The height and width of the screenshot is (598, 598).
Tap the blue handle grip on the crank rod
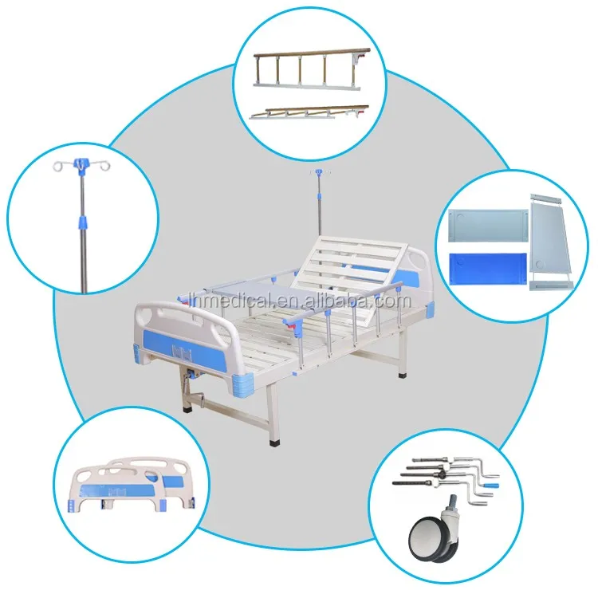click(492, 486)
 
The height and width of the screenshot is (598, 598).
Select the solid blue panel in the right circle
click(488, 268)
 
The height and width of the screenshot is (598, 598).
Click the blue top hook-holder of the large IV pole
click(81, 167)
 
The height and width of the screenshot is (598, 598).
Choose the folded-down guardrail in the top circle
click(309, 112)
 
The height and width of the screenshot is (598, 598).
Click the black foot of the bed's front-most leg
click(274, 443)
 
